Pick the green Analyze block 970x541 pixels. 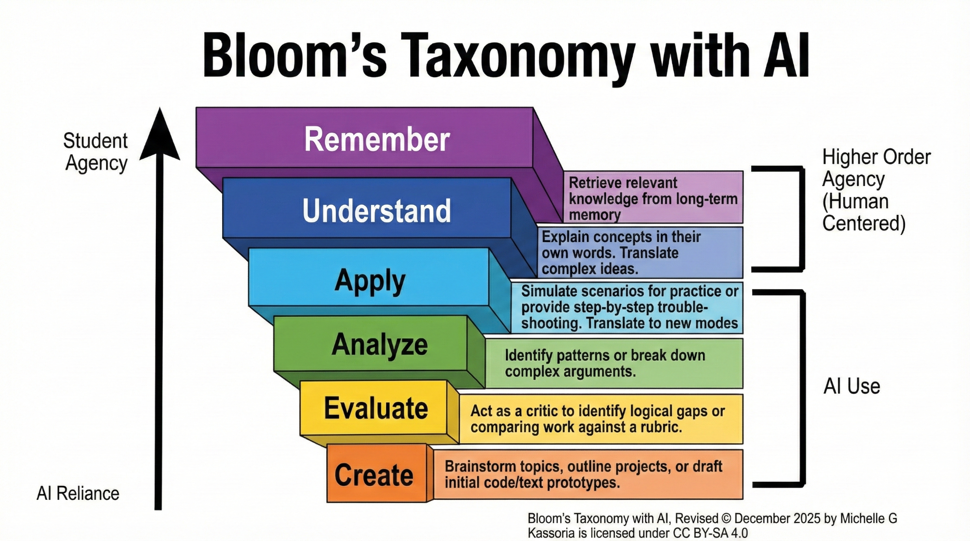click(371, 344)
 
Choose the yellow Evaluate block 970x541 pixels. click(374, 408)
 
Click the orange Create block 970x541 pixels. click(377, 473)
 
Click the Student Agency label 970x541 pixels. click(96, 152)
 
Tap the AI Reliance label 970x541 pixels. click(78, 494)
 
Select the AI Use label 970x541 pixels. click(852, 386)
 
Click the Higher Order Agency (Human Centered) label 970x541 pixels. click(876, 190)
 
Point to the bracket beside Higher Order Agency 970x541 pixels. click(802, 219)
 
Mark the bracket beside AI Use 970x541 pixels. click(802, 388)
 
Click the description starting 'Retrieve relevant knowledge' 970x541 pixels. click(653, 198)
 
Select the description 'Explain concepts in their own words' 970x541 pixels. click(621, 253)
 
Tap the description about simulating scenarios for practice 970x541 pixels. click(629, 307)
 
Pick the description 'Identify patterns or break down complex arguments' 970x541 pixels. click(605, 363)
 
